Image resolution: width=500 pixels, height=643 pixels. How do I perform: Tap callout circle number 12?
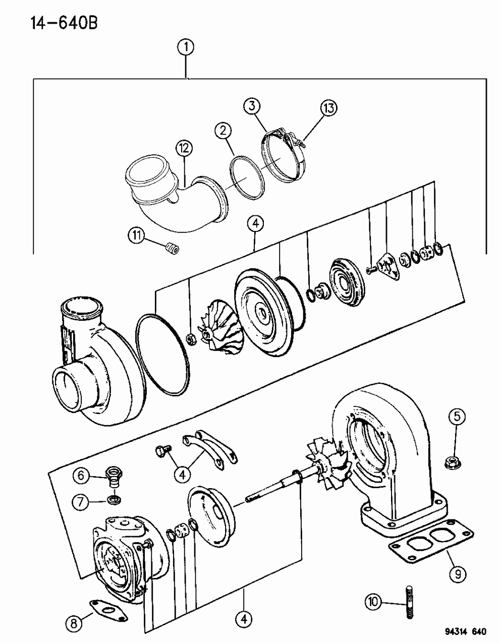184,149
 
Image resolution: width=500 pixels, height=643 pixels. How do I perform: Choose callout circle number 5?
456,417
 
